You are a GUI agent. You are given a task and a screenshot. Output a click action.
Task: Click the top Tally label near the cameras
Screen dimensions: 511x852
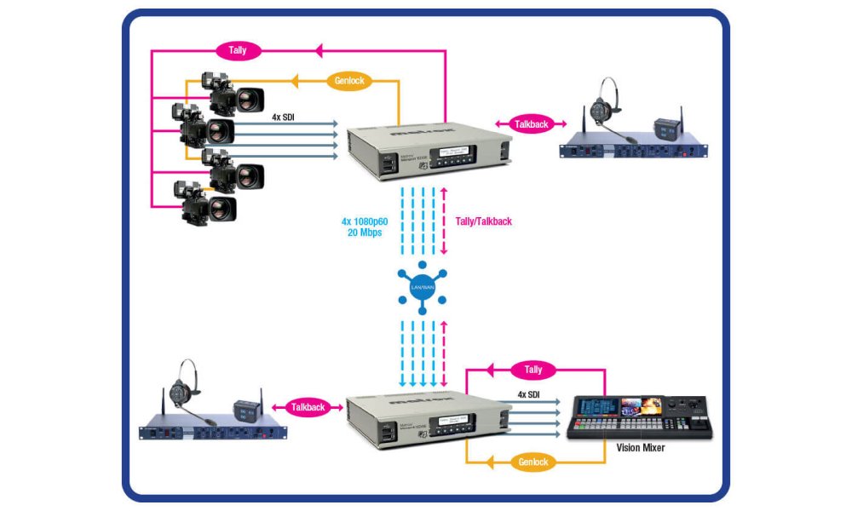pos(238,50)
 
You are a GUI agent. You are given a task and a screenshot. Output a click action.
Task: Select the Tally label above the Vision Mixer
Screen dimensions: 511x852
pos(533,370)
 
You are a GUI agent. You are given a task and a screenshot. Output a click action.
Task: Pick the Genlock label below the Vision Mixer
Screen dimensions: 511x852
pos(533,462)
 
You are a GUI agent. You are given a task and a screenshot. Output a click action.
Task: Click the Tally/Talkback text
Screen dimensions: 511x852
pos(482,221)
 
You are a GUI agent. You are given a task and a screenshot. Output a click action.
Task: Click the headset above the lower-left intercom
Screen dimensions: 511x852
pos(182,388)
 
